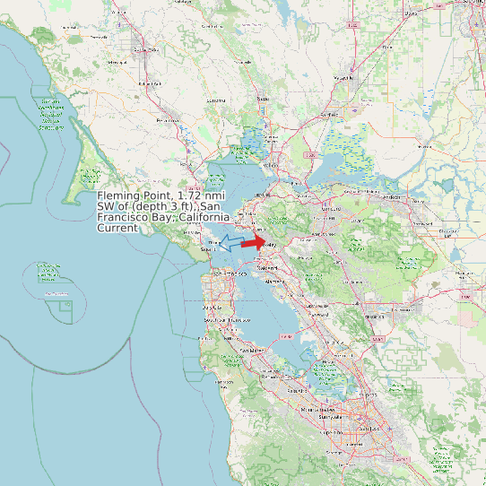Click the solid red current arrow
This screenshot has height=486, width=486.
point(254,241)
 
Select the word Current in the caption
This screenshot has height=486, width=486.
point(117,228)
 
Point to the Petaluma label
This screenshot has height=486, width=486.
point(168,119)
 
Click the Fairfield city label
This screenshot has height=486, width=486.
point(330,115)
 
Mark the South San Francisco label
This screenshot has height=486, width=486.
point(226,320)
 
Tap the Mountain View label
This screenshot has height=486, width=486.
point(319,408)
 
